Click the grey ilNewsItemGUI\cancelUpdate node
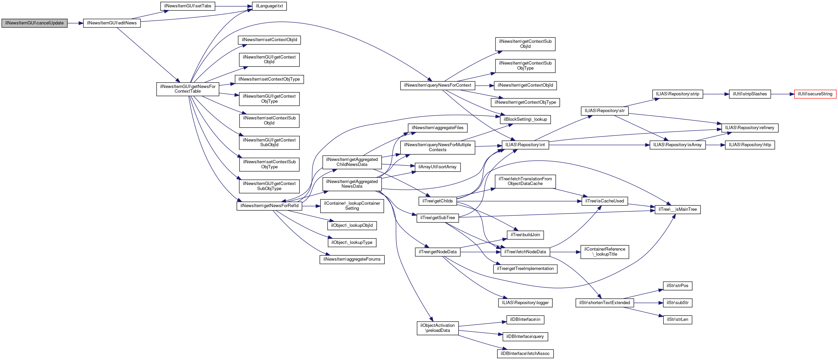34,23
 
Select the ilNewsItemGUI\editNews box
112,23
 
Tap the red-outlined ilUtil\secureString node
815,94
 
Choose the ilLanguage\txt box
269,6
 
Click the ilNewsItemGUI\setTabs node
188,6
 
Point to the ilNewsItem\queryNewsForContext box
438,85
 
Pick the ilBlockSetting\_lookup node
525,119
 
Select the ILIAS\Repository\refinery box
750,128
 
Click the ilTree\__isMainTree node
677,209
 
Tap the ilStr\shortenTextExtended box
604,303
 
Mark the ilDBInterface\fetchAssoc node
525,354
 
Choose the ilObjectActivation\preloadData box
438,328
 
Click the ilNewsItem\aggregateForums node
352,259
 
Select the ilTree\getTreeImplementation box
525,269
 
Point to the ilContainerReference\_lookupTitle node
604,252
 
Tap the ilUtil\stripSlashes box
750,94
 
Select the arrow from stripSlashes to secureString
782,94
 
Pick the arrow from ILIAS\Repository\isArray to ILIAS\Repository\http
715,145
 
